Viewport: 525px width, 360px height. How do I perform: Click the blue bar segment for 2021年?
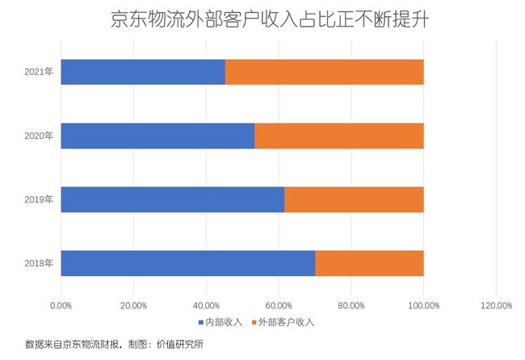point(143,72)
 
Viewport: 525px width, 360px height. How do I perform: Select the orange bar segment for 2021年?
point(324,72)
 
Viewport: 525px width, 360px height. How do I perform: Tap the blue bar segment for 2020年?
point(157,136)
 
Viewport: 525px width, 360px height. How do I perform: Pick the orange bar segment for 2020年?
point(338,136)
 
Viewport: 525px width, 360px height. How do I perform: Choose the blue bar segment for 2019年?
point(173,199)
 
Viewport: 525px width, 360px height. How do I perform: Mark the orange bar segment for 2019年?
point(354,199)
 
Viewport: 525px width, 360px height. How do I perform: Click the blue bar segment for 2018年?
point(188,263)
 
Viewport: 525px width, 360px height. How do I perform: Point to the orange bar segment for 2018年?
point(369,263)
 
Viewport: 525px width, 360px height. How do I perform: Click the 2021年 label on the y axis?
point(39,72)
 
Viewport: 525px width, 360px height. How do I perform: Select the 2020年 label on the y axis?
point(39,136)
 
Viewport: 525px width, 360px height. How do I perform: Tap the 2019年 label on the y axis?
point(39,199)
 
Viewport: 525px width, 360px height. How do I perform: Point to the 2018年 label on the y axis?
point(39,263)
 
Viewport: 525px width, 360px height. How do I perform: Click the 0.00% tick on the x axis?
point(61,305)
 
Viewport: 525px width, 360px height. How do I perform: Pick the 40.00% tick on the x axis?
point(206,305)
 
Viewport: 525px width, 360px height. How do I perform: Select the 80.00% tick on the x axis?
point(351,305)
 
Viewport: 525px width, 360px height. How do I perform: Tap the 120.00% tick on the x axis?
point(496,305)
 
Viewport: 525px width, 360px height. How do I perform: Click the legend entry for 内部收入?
point(220,322)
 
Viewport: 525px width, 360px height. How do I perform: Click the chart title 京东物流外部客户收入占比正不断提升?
point(262,20)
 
